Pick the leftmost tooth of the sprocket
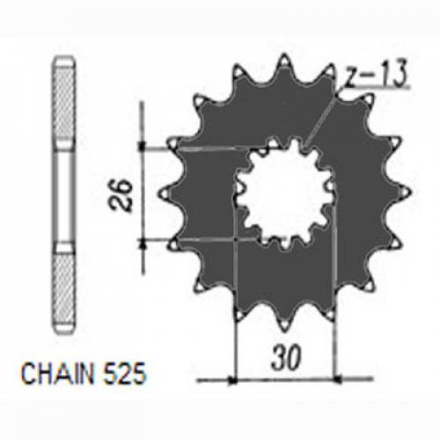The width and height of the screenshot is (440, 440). tap(165, 189)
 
